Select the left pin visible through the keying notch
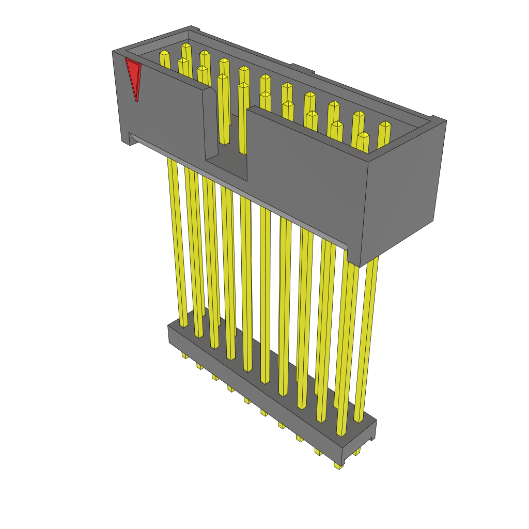(223, 111)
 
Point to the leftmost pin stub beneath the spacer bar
(184, 355)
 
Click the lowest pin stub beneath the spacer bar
(338, 465)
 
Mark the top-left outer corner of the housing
(113, 52)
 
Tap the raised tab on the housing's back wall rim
(302, 68)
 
